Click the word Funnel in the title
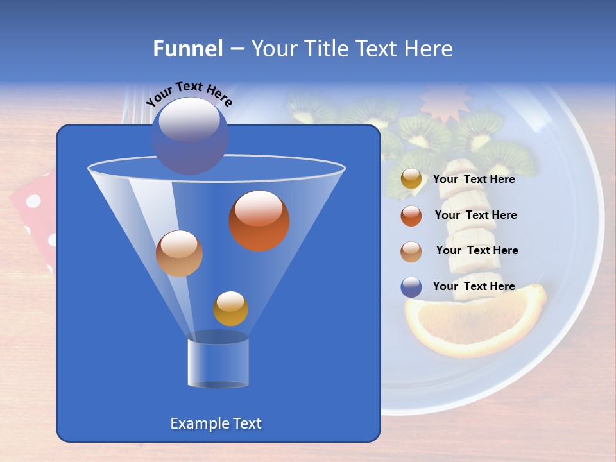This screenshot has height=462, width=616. [x=187, y=49]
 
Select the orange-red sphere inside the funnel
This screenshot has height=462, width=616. [x=259, y=221]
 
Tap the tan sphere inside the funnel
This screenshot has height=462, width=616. [x=179, y=253]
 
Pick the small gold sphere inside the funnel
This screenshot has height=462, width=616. [x=230, y=309]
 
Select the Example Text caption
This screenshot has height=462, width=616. [x=216, y=424]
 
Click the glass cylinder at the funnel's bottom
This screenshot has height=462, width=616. [x=218, y=363]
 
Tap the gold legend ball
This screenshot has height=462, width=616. [x=411, y=179]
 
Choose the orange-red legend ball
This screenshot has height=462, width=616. [x=411, y=216]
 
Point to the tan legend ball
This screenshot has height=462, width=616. [x=411, y=251]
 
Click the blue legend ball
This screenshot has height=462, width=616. [x=411, y=287]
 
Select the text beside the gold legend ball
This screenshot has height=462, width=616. [x=474, y=179]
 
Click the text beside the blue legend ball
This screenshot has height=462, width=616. [x=474, y=286]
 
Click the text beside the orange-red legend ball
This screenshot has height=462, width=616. [x=476, y=215]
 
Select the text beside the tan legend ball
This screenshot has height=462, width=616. [x=477, y=250]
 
